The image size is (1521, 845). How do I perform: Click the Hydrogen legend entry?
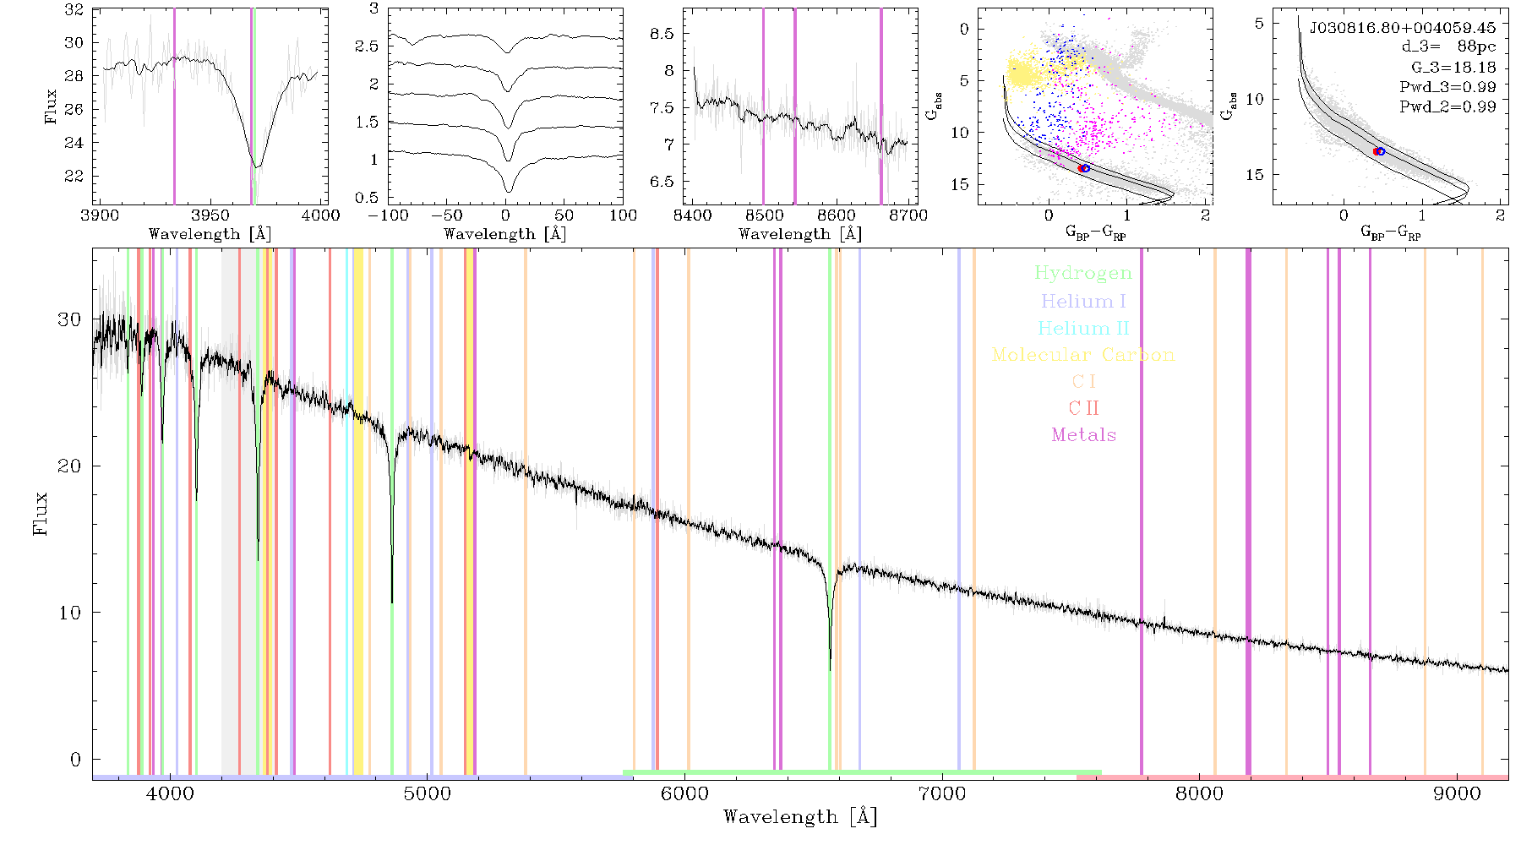click(x=1082, y=274)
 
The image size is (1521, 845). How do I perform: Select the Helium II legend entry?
click(x=1083, y=328)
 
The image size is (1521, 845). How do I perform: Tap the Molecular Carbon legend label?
click(x=1083, y=355)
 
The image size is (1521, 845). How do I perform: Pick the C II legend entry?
click(x=1083, y=408)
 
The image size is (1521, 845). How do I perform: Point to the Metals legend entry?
click(x=1083, y=435)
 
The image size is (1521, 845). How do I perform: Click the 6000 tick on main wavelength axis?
click(x=684, y=793)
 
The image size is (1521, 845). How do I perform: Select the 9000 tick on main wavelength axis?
click(x=1457, y=793)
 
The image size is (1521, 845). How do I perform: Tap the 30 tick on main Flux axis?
click(x=69, y=319)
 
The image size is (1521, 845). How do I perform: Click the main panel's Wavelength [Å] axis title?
click(x=800, y=817)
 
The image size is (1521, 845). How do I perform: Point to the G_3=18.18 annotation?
click(x=1453, y=68)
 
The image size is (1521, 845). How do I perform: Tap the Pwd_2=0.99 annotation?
click(x=1447, y=107)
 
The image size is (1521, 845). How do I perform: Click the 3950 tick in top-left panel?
click(x=210, y=215)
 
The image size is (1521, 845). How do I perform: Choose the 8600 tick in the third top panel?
click(x=837, y=215)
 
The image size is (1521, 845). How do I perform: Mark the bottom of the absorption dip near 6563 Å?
click(x=830, y=670)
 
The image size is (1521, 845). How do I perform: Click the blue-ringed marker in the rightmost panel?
click(x=1380, y=151)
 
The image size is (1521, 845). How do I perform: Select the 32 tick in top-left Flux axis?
click(x=74, y=10)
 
